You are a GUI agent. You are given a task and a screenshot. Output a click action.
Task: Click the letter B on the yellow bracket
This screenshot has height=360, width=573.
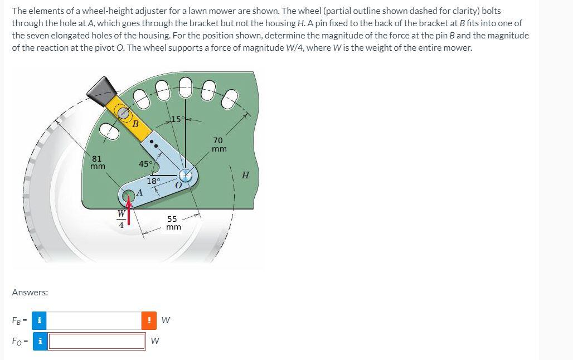point(135,124)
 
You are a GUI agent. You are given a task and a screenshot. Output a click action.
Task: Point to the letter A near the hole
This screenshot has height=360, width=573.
point(139,192)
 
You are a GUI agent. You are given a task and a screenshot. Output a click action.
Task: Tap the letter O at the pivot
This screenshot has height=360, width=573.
point(179,185)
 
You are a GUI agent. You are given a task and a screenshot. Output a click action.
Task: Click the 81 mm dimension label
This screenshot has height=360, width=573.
point(98,162)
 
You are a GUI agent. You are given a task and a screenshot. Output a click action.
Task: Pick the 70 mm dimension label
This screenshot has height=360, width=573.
point(218,144)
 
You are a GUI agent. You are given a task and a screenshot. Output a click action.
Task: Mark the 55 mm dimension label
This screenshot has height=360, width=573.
point(173,223)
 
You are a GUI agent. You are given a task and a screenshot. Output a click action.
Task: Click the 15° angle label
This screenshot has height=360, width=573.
point(177,119)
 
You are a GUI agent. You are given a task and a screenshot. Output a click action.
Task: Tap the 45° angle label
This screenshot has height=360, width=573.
point(145,164)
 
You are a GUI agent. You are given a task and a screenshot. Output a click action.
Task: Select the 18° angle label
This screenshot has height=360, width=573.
point(153,181)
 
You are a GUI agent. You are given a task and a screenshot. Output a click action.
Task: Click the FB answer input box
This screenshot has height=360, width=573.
point(94,320)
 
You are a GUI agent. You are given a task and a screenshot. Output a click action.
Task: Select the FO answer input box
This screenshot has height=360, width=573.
point(97,341)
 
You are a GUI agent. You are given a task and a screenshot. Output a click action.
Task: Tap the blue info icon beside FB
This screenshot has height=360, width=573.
point(39,320)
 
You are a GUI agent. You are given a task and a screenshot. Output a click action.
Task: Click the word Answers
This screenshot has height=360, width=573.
point(30,292)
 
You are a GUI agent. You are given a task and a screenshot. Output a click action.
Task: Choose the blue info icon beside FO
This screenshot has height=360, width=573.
point(39,341)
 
